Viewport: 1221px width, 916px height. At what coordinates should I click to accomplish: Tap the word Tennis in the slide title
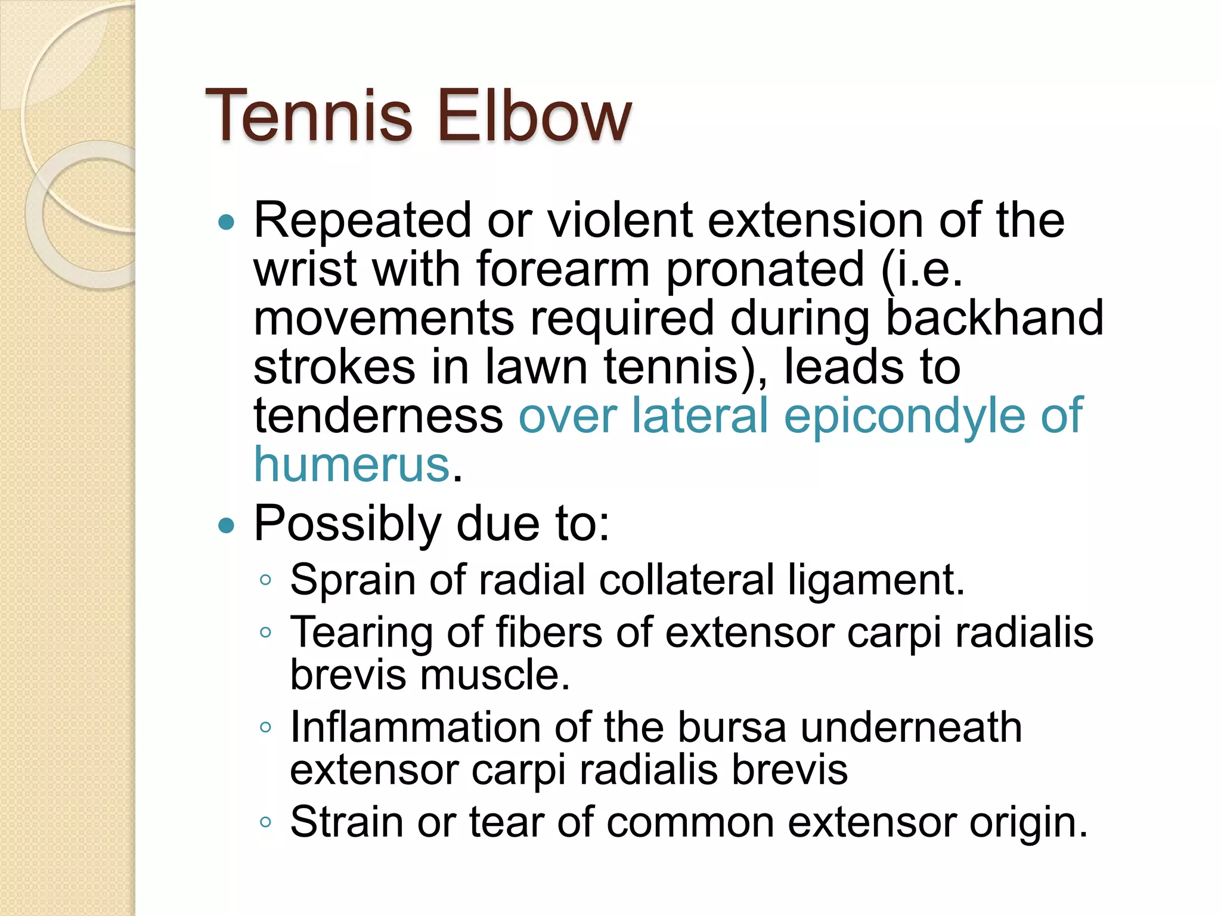coord(309,116)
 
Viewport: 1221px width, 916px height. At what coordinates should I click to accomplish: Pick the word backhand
coord(994,318)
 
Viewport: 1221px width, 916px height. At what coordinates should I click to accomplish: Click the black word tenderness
coord(379,416)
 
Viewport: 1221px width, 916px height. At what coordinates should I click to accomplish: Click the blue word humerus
coord(352,465)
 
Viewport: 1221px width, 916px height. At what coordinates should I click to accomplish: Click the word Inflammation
coord(416,728)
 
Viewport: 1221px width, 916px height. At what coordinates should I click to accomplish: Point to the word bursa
coord(732,728)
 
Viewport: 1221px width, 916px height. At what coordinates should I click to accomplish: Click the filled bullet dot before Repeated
coord(227,223)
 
